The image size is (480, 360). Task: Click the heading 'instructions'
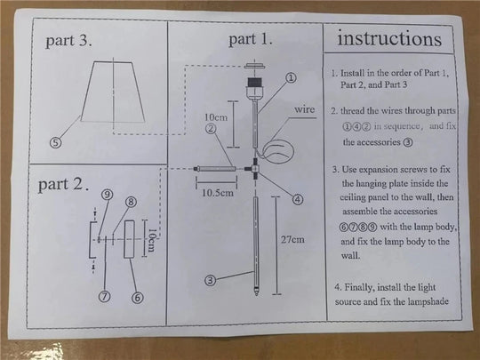(388, 39)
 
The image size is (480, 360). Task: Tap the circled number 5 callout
(56, 141)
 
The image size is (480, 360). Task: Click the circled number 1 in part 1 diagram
(290, 76)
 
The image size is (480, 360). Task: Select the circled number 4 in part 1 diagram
(298, 199)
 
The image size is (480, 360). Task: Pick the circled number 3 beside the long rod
(211, 279)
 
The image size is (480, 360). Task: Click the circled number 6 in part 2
(137, 296)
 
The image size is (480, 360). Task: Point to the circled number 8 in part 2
(131, 202)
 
